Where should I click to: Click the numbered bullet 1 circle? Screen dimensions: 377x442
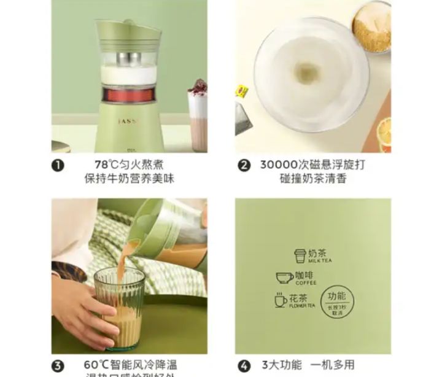point(58,165)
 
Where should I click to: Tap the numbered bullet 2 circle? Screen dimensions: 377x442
point(244,165)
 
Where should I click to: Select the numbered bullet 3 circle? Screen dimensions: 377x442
point(58,365)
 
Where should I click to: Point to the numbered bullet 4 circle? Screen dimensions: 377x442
point(244,365)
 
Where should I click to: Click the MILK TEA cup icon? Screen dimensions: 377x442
point(300,256)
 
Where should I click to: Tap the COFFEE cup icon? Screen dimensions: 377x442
point(284,278)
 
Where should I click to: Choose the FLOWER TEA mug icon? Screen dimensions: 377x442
point(281,300)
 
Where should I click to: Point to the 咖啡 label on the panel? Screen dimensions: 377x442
point(305,276)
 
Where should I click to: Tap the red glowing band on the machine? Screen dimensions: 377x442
point(129,95)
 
